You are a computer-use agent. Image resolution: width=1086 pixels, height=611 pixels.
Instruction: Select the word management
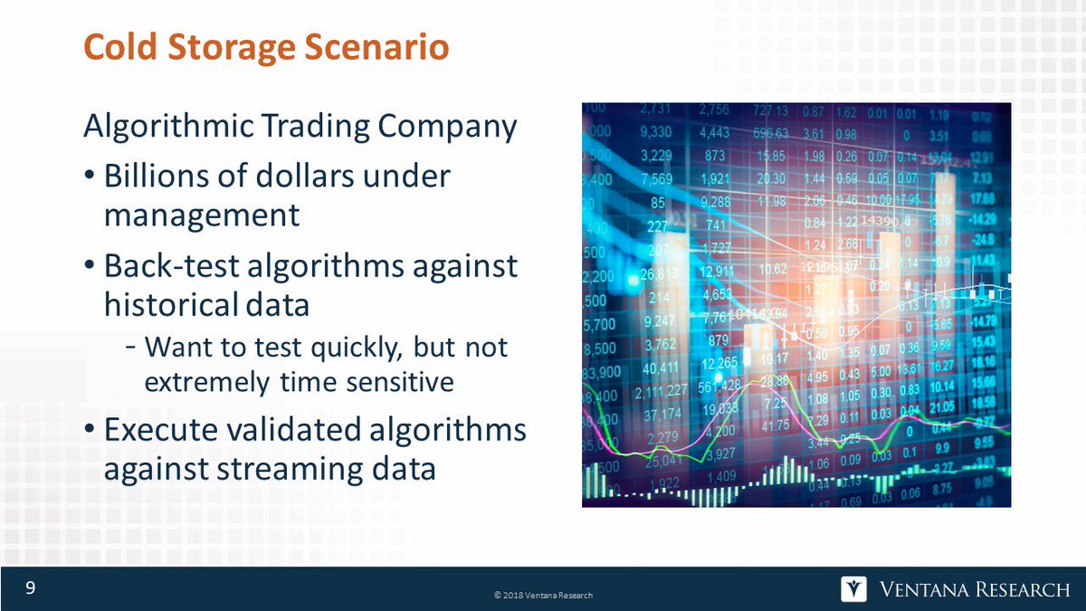coord(201,215)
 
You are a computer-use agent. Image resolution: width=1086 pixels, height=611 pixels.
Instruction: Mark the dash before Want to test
coord(132,348)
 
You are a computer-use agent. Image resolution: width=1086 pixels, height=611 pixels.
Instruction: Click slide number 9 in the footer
coord(30,589)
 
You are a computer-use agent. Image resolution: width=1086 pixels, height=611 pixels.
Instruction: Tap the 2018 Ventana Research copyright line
coord(543,595)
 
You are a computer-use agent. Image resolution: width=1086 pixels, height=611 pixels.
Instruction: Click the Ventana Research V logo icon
coord(853,589)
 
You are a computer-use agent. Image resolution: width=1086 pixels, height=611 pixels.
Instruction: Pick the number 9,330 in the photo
coord(653,132)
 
